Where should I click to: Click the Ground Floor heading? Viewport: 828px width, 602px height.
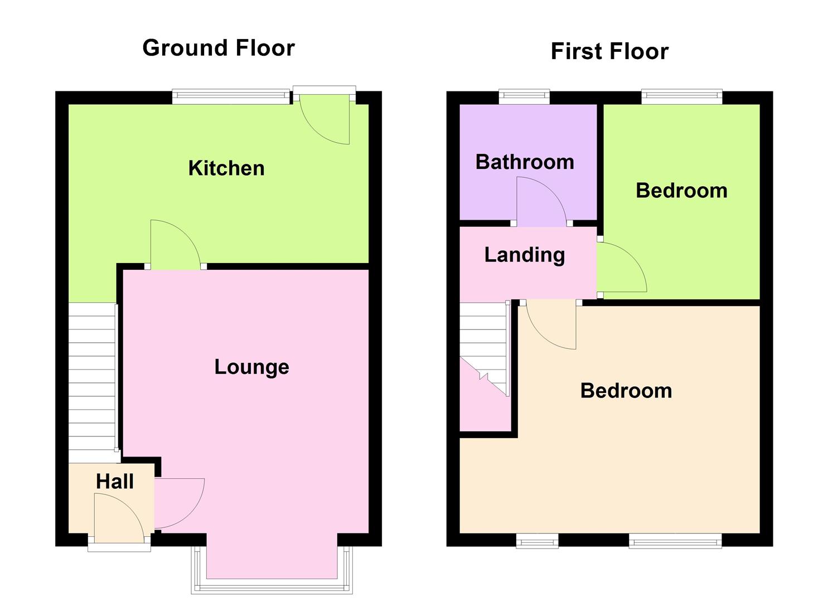(x=219, y=48)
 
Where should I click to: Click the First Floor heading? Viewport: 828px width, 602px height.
(x=609, y=51)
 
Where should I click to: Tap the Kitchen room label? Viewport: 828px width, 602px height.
(x=226, y=168)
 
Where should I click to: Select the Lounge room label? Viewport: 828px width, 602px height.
(x=251, y=367)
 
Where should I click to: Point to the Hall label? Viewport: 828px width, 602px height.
(x=115, y=482)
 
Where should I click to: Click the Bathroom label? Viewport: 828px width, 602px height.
(x=525, y=162)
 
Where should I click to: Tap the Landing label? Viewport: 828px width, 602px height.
(x=524, y=255)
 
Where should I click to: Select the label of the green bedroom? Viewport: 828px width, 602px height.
(x=681, y=191)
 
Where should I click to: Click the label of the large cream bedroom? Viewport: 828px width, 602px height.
(x=626, y=391)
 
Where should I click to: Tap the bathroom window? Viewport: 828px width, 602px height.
(x=524, y=98)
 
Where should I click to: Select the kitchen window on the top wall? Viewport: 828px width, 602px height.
(x=231, y=98)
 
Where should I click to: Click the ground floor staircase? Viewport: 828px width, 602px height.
(x=91, y=379)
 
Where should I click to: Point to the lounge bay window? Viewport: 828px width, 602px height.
(x=272, y=585)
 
